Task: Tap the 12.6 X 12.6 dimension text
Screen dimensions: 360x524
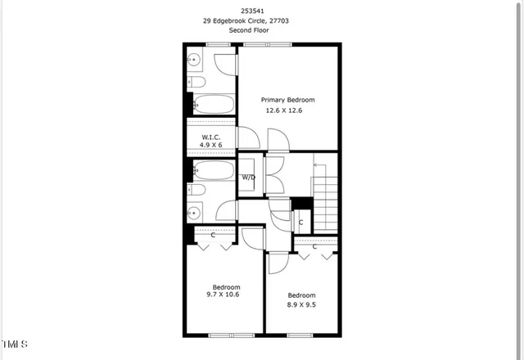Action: [x=284, y=110]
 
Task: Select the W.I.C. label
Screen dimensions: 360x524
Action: [x=210, y=137]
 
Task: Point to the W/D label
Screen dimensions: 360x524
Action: [x=248, y=177]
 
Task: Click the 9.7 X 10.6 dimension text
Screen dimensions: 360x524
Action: [x=226, y=295]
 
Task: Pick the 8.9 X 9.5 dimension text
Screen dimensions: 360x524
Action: [x=300, y=304]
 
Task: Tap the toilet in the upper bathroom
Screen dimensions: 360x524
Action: [x=196, y=83]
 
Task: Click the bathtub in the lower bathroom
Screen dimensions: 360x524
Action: [x=214, y=171]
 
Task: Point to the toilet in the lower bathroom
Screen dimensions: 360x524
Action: [x=197, y=191]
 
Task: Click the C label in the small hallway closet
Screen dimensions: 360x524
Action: [x=300, y=222]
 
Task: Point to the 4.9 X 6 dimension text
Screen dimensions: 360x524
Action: [x=210, y=145]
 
